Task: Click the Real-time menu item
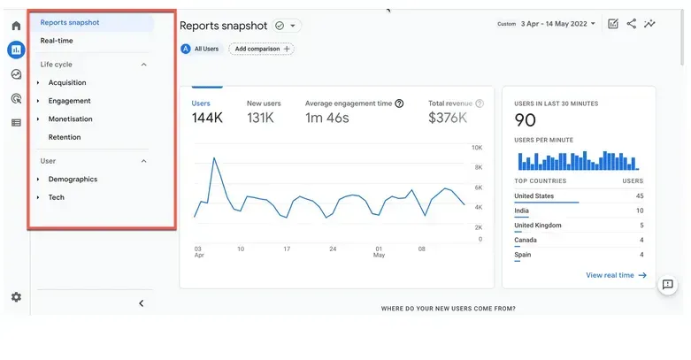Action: pos(57,41)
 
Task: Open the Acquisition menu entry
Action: pos(67,82)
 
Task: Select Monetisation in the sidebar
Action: pos(70,119)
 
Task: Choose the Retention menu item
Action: pos(65,137)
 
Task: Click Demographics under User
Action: pos(73,179)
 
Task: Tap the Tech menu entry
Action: pos(56,197)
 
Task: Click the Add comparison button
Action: pos(261,49)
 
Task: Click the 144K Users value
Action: pos(207,118)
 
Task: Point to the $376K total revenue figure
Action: pos(449,118)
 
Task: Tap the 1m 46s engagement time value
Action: pos(327,118)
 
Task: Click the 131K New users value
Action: pos(260,118)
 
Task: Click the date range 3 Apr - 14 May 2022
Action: pos(557,24)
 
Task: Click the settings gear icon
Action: pos(16,297)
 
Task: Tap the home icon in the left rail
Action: pos(16,26)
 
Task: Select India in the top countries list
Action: pos(522,211)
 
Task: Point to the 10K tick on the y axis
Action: pos(476,148)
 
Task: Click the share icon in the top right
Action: pos(632,24)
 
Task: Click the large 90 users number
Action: pos(526,121)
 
